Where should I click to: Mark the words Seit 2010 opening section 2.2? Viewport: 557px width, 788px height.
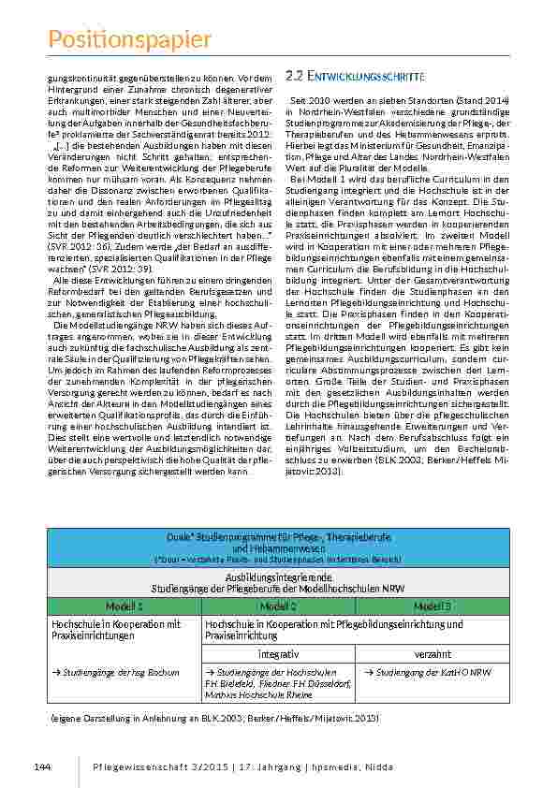(x=310, y=99)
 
